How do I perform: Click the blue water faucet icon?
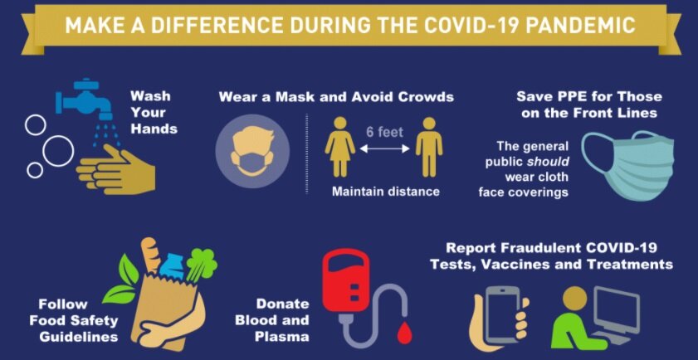pos(84,100)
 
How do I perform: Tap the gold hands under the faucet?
pos(115,169)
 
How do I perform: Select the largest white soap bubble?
pos(58,151)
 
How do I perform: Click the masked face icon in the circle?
pos(252,151)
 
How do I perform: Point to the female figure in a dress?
pos(340,148)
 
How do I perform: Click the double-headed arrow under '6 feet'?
pos(384,149)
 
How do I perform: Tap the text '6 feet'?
pos(384,132)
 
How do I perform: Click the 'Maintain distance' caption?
pos(385,192)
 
